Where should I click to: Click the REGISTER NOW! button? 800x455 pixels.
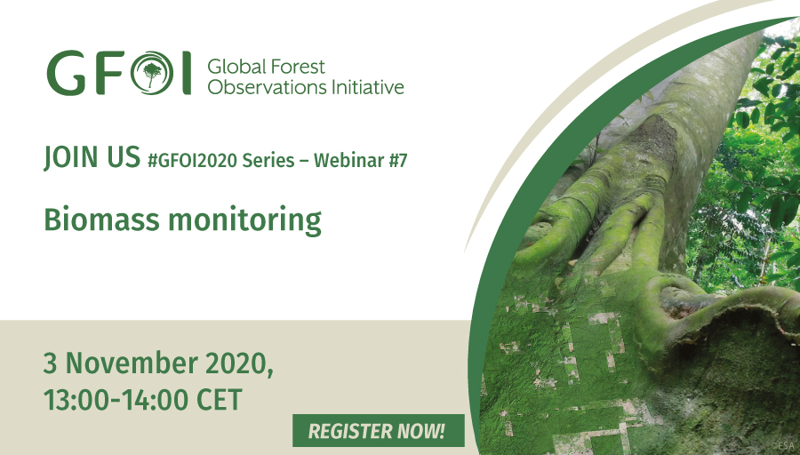coord(378,430)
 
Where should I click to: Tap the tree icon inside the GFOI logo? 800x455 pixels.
coord(152,74)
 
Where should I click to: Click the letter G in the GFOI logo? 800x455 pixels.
coord(67,73)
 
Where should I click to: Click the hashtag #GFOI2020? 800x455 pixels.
coord(192,161)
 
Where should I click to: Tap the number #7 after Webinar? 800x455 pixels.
coord(398,161)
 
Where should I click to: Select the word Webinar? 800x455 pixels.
coord(348,161)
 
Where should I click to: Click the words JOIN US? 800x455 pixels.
coord(92,157)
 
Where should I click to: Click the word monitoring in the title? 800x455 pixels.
coord(245,221)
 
